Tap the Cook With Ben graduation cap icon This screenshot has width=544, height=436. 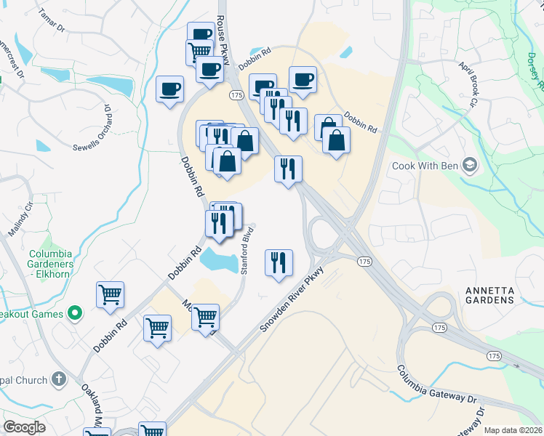(x=468, y=165)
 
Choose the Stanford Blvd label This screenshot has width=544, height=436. (x=246, y=250)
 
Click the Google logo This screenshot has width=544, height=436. (x=24, y=427)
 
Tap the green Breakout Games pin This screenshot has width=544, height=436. (x=73, y=314)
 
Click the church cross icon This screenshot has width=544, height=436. (x=59, y=379)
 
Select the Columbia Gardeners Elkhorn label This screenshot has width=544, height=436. (x=50, y=264)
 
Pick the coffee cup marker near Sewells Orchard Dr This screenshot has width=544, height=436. (x=170, y=89)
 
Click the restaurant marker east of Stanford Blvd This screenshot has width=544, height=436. (x=279, y=263)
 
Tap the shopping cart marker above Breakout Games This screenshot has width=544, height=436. (x=110, y=295)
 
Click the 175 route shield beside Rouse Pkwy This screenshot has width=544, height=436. (x=236, y=95)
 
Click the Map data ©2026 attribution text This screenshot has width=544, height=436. (x=513, y=430)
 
